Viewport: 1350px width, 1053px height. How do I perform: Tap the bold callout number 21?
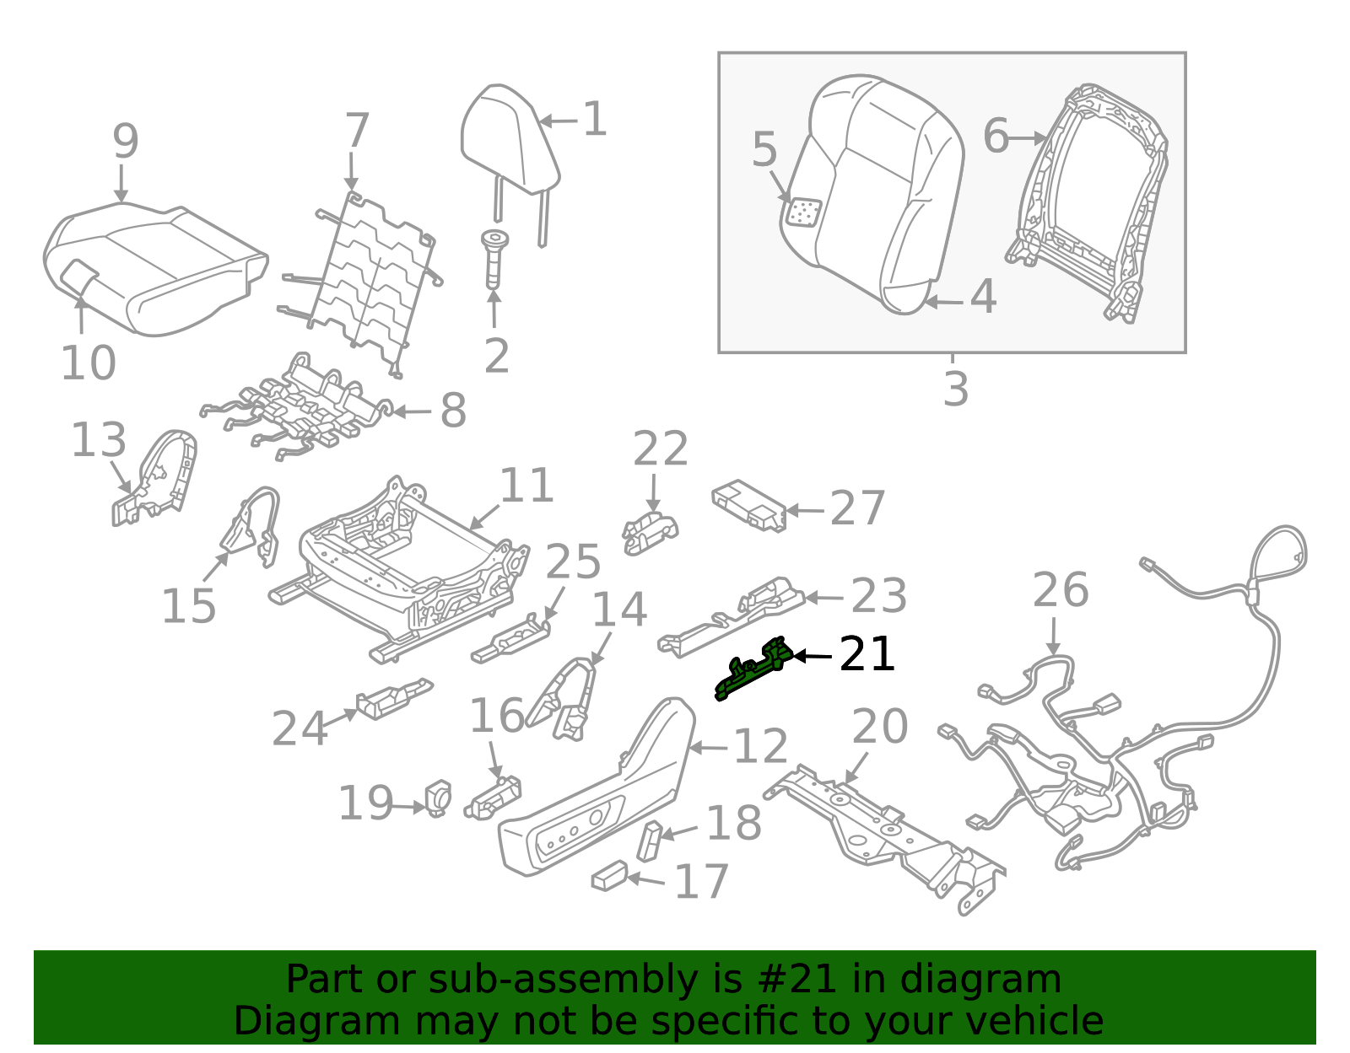click(867, 655)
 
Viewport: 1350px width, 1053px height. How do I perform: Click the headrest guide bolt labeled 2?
click(494, 258)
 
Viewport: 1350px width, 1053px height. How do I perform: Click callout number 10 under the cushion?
click(88, 363)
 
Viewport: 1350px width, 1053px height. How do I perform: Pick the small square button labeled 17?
click(609, 876)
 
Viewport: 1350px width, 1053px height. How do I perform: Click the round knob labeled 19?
click(439, 798)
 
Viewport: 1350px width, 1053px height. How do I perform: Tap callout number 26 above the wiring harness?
click(1060, 590)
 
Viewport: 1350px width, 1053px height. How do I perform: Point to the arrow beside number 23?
click(824, 598)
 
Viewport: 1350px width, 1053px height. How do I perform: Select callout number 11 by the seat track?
click(526, 486)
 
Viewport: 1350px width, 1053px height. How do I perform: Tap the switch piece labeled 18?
click(651, 840)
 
